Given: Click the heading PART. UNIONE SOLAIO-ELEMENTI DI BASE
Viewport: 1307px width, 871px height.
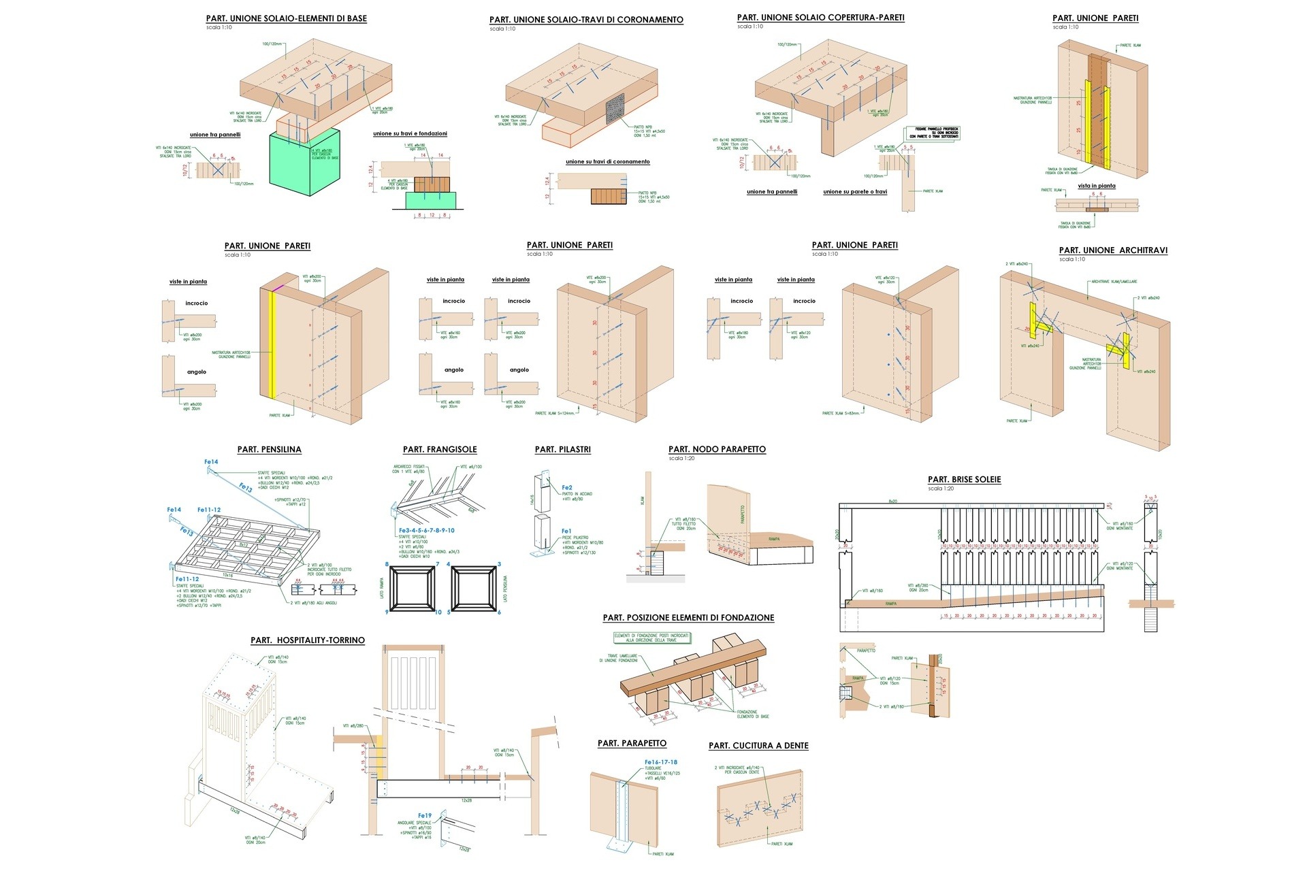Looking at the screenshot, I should pos(286,18).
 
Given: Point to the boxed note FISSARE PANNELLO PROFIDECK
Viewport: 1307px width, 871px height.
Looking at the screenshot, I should pos(933,133).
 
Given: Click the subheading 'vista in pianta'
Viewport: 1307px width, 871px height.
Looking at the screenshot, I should pos(1096,186).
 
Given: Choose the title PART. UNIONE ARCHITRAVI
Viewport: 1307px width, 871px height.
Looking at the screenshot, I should pos(1113,250).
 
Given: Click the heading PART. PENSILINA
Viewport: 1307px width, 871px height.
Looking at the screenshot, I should pos(269,449).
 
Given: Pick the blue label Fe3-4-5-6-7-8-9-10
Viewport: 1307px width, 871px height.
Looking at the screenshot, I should pos(427,530).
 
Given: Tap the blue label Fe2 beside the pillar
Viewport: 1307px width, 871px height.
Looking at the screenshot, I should pos(567,488).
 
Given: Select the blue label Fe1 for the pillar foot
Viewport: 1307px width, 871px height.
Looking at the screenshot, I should pos(566,531).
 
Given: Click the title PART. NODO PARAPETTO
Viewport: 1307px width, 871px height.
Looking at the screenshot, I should pos(717,449).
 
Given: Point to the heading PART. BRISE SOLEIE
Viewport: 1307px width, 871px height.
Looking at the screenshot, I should pos(964,480).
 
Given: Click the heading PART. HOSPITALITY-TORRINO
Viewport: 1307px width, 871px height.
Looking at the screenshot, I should pos(308,640).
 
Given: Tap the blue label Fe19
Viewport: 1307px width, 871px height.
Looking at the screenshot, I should pos(425,815).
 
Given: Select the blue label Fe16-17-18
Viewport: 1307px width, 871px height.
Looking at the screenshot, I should pos(660,762).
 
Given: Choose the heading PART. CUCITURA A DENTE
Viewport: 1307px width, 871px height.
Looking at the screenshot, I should pos(758,746).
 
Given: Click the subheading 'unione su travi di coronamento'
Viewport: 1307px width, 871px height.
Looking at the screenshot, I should pos(607,162).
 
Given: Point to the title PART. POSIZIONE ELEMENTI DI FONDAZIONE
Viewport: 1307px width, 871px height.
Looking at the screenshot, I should pos(688,618).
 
